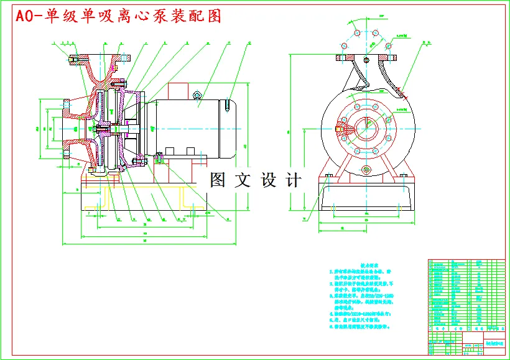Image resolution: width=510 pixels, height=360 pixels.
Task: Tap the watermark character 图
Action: [219, 180]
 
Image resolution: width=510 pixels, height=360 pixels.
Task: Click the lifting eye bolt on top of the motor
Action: [197, 95]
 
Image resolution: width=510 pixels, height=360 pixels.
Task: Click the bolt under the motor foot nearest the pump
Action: [159, 155]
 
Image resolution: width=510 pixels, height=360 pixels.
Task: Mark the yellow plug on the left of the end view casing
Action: [339, 129]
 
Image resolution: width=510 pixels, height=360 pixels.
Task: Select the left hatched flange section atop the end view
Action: [346, 58]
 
